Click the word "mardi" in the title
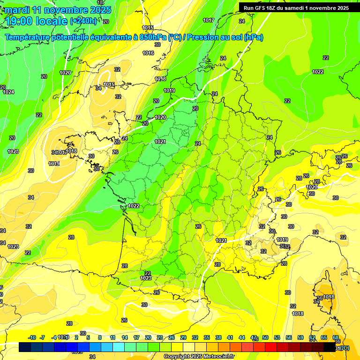coord(18,10)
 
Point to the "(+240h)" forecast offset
coord(83,21)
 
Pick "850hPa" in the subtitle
coord(152,37)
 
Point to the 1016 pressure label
coord(148,53)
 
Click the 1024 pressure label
coord(8,92)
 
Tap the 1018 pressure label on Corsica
coord(329,297)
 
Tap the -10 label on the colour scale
coord(32,337)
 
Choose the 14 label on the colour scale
coord(124,337)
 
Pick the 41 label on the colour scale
coord(230,337)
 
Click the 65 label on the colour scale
coord(324,337)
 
